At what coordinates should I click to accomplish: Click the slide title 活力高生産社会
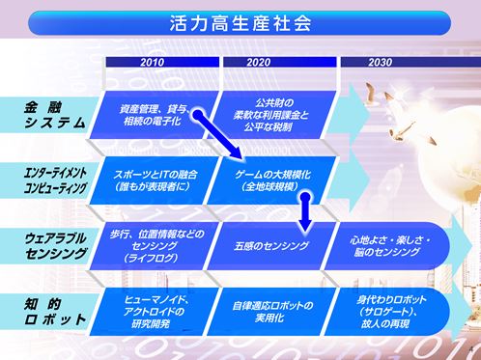pos(240,20)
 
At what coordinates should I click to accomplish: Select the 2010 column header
pos(152,62)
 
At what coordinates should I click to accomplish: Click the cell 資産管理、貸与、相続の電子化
pos(155,114)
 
